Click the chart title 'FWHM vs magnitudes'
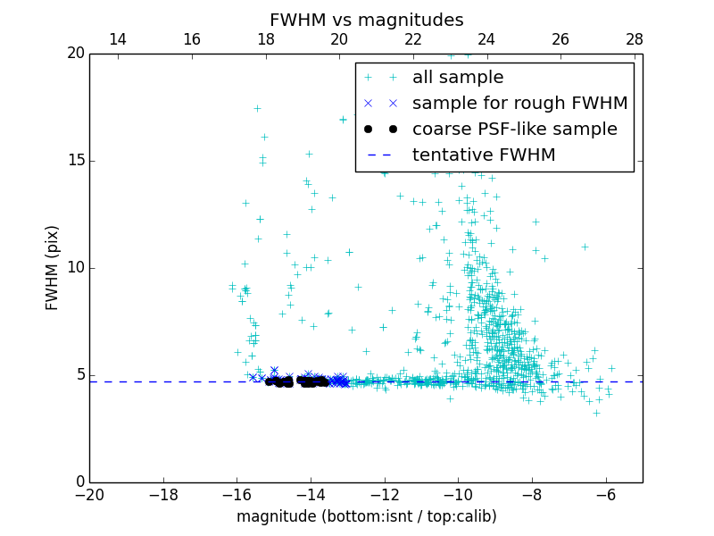pyautogui.click(x=366, y=20)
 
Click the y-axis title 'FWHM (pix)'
pyautogui.click(x=53, y=268)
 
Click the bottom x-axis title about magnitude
pyautogui.click(x=366, y=516)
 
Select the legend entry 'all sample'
pyautogui.click(x=457, y=78)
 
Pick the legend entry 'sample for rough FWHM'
pyautogui.click(x=519, y=104)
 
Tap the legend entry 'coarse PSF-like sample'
pyautogui.click(x=514, y=130)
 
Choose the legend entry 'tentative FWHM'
pyautogui.click(x=483, y=155)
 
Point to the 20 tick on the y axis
pyautogui.click(x=75, y=54)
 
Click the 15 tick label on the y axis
pyautogui.click(x=75, y=161)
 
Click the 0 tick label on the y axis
pyautogui.click(x=79, y=482)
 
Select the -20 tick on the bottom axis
pyautogui.click(x=89, y=495)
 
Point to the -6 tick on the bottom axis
pyautogui.click(x=606, y=495)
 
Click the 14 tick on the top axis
pyautogui.click(x=117, y=39)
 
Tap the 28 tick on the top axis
pyautogui.click(x=635, y=39)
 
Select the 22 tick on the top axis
pyautogui.click(x=413, y=39)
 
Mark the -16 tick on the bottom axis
pyautogui.click(x=237, y=495)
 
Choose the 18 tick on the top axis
pyautogui.click(x=265, y=39)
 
